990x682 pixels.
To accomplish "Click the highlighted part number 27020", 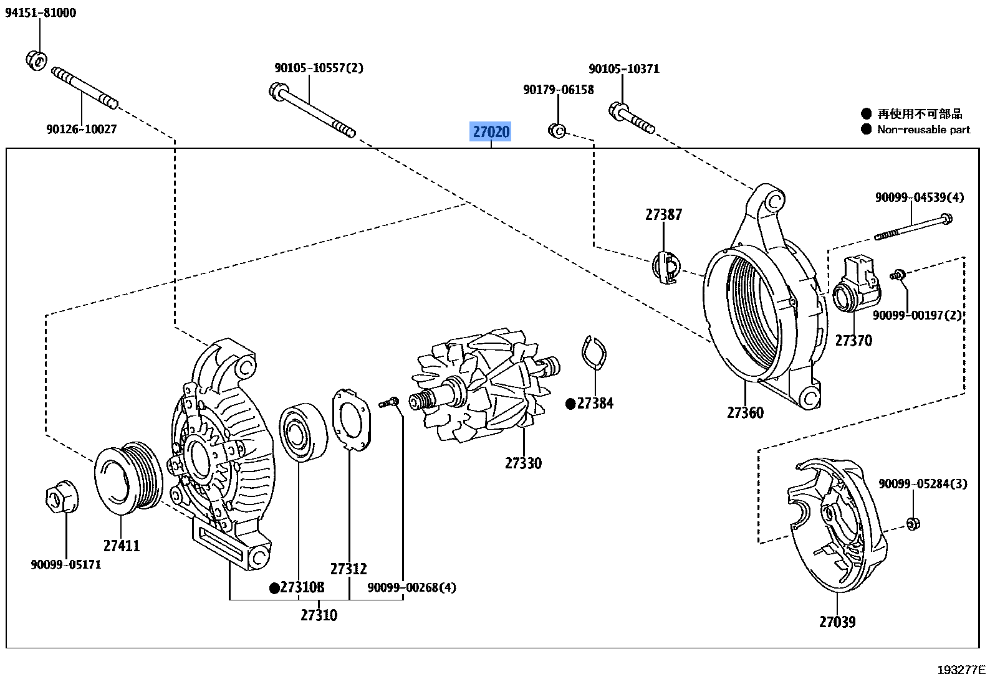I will [x=491, y=131].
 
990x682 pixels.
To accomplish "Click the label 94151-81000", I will [x=41, y=13].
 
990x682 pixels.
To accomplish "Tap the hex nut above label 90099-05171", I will [x=62, y=496].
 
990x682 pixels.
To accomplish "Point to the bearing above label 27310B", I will [x=303, y=432].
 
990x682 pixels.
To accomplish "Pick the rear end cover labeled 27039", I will [x=835, y=523].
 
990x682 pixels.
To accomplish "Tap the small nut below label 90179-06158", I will [x=557, y=131].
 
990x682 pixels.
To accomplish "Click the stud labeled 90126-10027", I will [x=84, y=88].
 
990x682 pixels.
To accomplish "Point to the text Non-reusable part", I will [x=923, y=130].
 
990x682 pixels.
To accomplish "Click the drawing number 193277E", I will [x=961, y=670].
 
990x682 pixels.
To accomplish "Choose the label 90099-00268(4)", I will [x=411, y=587].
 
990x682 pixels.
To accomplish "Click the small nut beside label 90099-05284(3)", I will [x=913, y=523].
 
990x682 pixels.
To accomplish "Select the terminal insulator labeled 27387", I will [x=665, y=267].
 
